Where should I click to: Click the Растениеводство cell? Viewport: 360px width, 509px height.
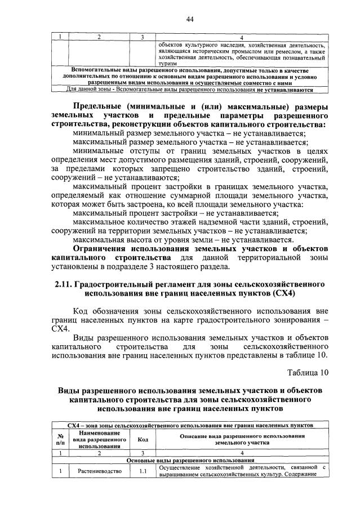[x=99, y=471]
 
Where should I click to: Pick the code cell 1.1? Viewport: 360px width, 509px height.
[x=143, y=471]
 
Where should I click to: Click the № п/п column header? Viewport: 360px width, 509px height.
[x=60, y=440]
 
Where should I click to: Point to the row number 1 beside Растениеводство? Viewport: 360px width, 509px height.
[x=60, y=471]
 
